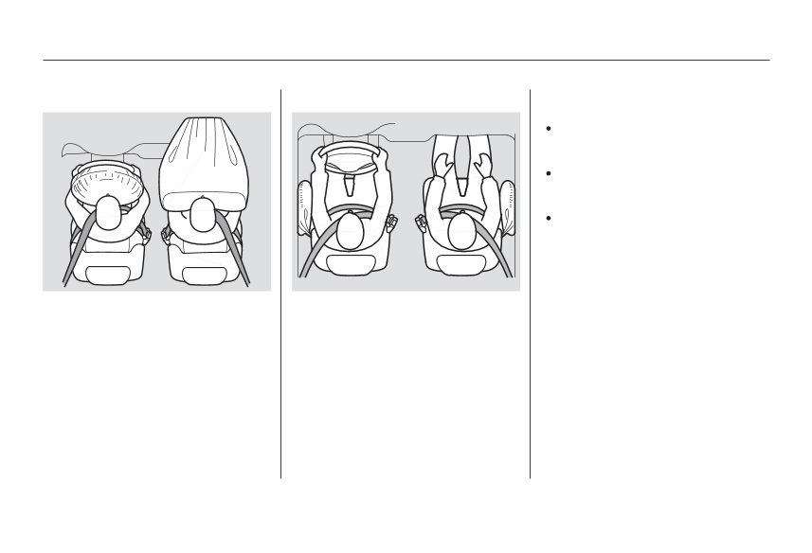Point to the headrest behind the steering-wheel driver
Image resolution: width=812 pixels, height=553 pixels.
350,271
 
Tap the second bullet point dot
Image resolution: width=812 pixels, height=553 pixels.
549,174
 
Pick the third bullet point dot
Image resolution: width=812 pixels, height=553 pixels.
549,217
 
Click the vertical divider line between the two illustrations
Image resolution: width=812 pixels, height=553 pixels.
280,284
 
